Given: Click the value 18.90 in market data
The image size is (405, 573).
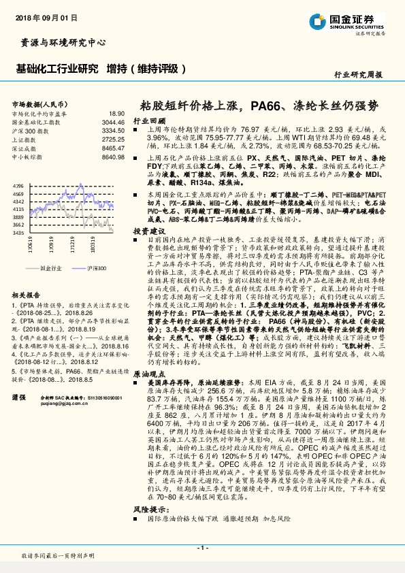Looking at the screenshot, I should pyautogui.click(x=116, y=113).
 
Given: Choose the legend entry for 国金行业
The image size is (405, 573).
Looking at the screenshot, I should pyautogui.click(x=51, y=269).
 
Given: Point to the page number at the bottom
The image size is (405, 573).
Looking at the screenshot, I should pyautogui.click(x=202, y=547).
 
